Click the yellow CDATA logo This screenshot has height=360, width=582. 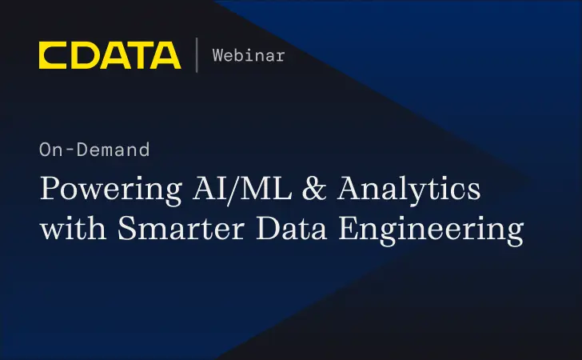[110, 55]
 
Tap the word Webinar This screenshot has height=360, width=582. [249, 55]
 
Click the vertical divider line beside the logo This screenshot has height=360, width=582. [197, 55]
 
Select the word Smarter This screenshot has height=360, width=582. [181, 228]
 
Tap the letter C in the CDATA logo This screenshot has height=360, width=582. [52, 55]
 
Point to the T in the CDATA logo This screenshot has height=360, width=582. [138, 55]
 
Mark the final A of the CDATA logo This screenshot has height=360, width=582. [165, 55]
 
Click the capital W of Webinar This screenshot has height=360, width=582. [217, 55]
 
